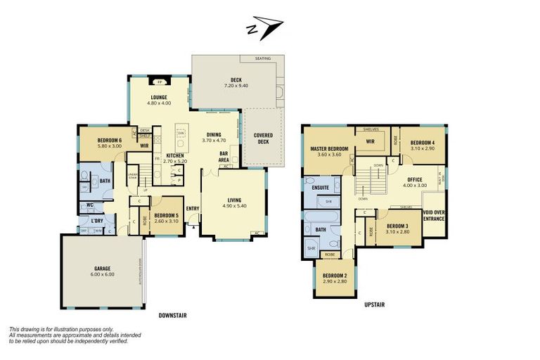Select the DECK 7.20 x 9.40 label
[x=236, y=82]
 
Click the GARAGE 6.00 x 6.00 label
[x=103, y=271]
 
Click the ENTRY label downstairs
[x=193, y=208]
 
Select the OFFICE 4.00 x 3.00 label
[x=414, y=182]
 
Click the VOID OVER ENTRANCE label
[x=433, y=216]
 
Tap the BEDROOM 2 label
[x=334, y=278]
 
